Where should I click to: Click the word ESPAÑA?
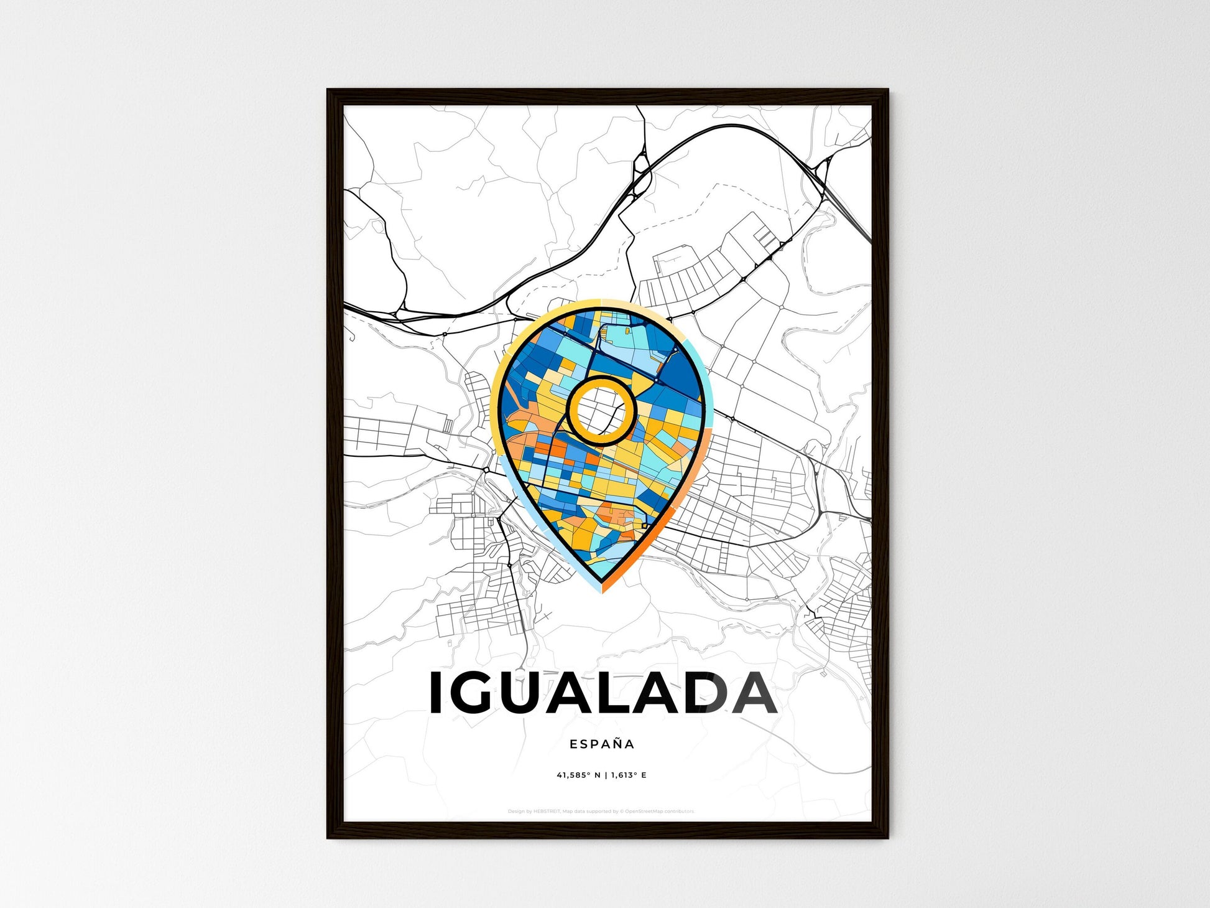pos(601,744)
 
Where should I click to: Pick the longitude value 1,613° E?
pos(628,775)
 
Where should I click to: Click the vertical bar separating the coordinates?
pos(605,775)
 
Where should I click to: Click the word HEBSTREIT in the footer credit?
pos(547,812)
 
